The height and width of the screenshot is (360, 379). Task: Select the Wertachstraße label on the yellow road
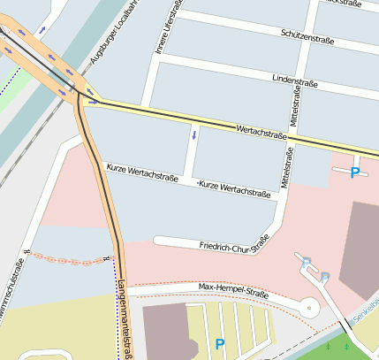(x=262, y=133)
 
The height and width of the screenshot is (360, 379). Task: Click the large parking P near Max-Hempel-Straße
(x=220, y=343)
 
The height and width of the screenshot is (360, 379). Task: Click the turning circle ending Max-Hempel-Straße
(x=309, y=307)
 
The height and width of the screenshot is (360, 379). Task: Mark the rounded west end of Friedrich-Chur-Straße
(x=158, y=240)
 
